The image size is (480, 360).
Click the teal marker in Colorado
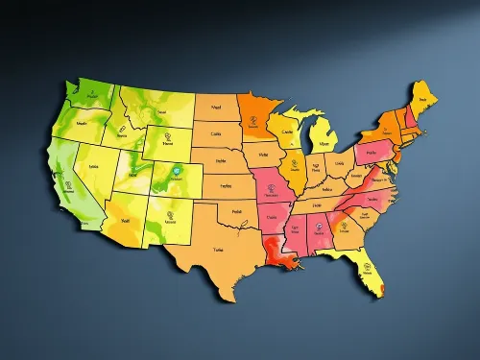pyautogui.click(x=176, y=175)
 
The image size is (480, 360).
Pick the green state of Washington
pyautogui.click(x=87, y=97)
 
